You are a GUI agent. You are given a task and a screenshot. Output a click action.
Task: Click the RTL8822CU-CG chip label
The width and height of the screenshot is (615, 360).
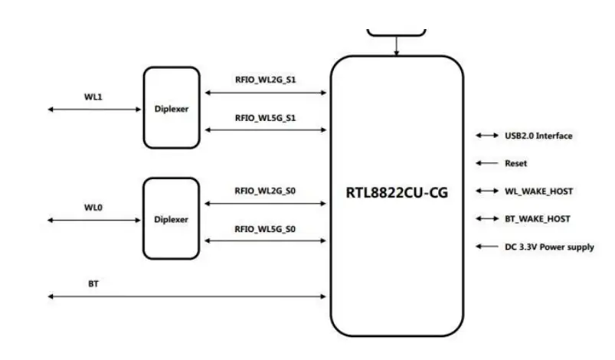[396, 192]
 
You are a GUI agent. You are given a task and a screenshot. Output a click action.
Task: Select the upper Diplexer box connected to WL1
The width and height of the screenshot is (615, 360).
[171, 108]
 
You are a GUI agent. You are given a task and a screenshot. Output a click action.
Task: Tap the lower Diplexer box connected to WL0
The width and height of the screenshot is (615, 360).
[171, 219]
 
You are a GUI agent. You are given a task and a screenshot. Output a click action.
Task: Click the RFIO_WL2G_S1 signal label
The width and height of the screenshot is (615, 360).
[266, 79]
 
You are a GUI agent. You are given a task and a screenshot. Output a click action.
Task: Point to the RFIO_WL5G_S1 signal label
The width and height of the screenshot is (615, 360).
[266, 117]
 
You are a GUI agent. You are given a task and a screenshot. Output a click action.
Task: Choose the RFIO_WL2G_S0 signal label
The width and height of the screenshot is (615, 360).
[266, 191]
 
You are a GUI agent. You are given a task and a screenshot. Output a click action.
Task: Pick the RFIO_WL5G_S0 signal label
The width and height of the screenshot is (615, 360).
[266, 228]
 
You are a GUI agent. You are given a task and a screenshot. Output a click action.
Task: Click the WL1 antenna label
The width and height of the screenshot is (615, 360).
[93, 97]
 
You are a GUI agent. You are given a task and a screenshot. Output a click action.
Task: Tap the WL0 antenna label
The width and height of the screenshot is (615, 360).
[93, 208]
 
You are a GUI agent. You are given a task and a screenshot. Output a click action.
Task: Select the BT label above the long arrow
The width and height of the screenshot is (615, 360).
[93, 283]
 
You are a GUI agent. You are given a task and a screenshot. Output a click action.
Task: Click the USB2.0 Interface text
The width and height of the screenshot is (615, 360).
[538, 136]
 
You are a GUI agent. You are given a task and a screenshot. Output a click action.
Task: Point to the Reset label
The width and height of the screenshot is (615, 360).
[515, 163]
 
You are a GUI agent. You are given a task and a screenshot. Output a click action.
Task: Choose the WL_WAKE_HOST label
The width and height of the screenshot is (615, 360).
[538, 191]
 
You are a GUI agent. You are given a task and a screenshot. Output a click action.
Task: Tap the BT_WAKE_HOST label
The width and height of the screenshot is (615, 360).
[537, 218]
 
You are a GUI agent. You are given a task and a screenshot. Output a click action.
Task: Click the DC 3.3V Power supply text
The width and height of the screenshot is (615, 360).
[549, 247]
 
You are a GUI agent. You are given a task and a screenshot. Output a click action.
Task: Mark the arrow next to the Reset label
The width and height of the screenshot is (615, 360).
[486, 163]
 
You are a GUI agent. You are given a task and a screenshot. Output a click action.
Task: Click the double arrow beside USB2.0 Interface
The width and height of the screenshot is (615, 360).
[486, 136]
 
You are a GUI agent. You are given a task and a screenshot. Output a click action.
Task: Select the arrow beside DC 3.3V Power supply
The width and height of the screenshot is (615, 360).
[486, 247]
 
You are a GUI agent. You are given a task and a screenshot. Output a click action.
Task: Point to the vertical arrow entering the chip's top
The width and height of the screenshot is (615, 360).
[396, 46]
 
